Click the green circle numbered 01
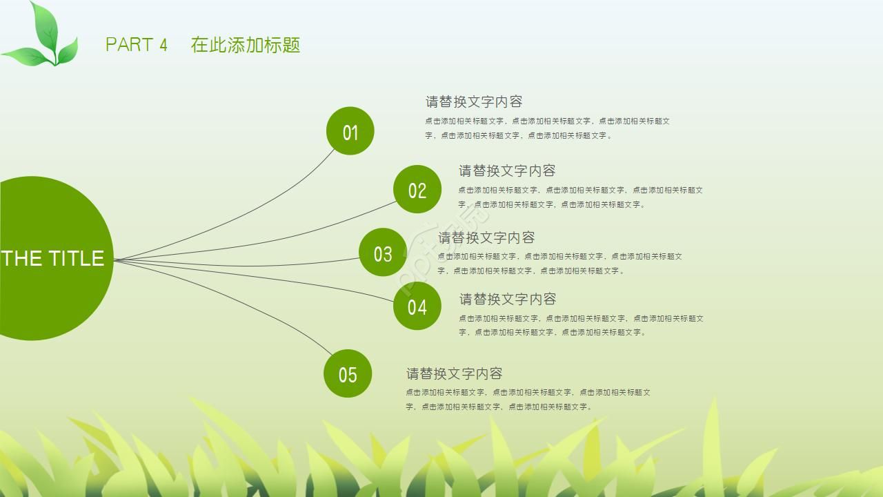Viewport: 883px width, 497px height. click(x=350, y=131)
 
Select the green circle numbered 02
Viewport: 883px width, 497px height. click(x=417, y=189)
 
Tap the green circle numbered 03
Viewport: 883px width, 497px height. click(x=382, y=253)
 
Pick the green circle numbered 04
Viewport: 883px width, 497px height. click(x=417, y=306)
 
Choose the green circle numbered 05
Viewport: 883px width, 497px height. click(x=348, y=373)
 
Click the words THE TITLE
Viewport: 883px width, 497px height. click(x=52, y=258)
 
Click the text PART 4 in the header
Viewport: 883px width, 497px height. click(x=137, y=45)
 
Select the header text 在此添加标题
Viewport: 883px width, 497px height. click(x=246, y=45)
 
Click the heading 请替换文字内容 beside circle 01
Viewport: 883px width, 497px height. click(x=474, y=101)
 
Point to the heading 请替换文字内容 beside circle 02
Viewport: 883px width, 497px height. click(x=507, y=170)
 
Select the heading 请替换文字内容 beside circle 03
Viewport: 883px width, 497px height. click(x=487, y=237)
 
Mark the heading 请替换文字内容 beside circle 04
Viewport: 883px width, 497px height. click(x=508, y=299)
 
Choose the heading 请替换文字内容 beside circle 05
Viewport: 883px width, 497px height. click(x=454, y=373)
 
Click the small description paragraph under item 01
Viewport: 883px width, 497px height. click(x=546, y=128)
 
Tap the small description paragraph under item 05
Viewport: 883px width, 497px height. click(x=527, y=400)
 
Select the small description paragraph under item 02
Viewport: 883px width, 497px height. click(x=579, y=197)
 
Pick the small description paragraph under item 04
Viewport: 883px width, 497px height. click(x=580, y=325)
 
